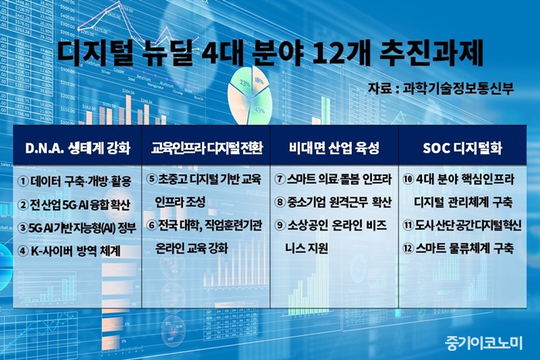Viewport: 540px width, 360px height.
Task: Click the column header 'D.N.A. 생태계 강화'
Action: pyautogui.click(x=78, y=148)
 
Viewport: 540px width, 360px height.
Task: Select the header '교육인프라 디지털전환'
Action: pyautogui.click(x=207, y=148)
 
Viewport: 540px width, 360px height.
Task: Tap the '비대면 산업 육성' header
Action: pyautogui.click(x=334, y=148)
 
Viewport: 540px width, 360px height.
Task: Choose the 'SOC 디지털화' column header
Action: pyautogui.click(x=462, y=148)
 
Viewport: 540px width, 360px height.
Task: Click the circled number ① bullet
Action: pyautogui.click(x=22, y=181)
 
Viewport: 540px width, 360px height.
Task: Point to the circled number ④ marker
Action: pyautogui.click(x=22, y=251)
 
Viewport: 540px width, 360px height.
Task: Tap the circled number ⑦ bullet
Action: pyautogui.click(x=280, y=179)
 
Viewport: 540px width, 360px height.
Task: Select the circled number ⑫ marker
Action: pyautogui.click(x=408, y=248)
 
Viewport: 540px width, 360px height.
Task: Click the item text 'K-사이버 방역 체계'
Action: pyautogui.click(x=76, y=251)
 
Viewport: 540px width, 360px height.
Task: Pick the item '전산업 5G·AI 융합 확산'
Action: pyautogui.click(x=80, y=205)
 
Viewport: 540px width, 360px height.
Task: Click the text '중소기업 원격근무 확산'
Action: pyautogui.click(x=339, y=202)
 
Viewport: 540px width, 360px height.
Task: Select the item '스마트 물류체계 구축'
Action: pyautogui.click(x=464, y=248)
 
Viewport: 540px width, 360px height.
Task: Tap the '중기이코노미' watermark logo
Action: pyautogui.click(x=483, y=342)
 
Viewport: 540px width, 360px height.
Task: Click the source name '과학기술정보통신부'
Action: pyautogui.click(x=458, y=88)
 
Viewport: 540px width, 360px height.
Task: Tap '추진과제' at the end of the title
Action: pyautogui.click(x=431, y=53)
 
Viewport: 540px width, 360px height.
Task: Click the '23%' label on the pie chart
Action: pyautogui.click(x=245, y=83)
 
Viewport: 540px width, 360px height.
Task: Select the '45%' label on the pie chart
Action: pyautogui.click(x=259, y=110)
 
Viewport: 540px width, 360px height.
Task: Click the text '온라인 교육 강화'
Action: pyautogui.click(x=191, y=248)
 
